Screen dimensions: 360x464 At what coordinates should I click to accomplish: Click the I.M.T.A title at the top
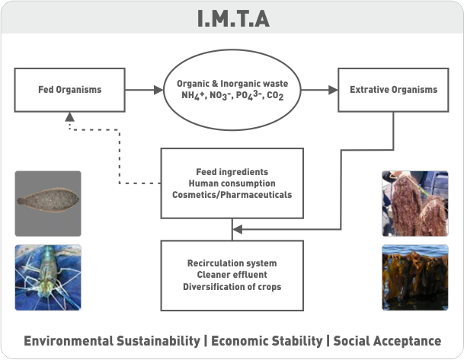point(232,17)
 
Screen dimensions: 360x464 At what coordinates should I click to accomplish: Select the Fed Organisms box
point(70,89)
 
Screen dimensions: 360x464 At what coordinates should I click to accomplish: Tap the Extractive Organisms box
point(393,89)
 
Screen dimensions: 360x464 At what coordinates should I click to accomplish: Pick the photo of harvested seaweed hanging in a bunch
point(415,202)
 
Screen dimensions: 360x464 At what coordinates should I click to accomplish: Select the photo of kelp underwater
point(415,277)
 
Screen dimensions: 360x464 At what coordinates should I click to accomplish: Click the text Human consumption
point(232,183)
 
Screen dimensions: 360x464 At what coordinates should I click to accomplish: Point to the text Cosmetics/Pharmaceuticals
point(232,194)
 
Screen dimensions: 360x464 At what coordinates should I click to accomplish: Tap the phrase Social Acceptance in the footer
point(386,340)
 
